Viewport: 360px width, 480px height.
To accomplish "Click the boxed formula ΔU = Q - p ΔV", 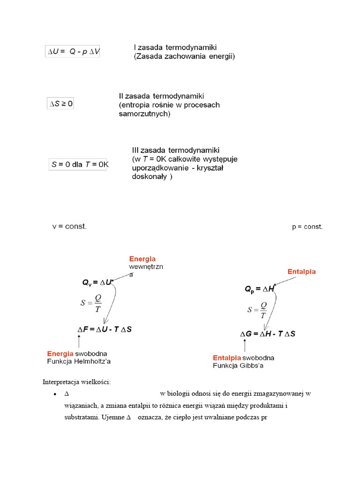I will pyautogui.click(x=73, y=52).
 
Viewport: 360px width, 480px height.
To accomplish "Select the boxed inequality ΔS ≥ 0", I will pyautogui.click(x=61, y=104).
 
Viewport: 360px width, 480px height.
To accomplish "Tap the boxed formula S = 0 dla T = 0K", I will pyautogui.click(x=79, y=165).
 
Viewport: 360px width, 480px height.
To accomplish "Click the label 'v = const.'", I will pyautogui.click(x=69, y=226).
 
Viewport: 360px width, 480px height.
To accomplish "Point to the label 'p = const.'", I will pyautogui.click(x=307, y=227).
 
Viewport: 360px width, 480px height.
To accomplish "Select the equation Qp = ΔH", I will pyautogui.click(x=259, y=290).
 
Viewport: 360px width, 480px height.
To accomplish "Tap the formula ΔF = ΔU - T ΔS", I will pyautogui.click(x=105, y=330).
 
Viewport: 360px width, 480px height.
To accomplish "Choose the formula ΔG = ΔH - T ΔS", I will pyautogui.click(x=268, y=334).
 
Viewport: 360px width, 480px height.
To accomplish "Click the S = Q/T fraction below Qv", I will pyautogui.click(x=92, y=303).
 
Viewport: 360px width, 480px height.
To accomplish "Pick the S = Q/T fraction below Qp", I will pyautogui.click(x=257, y=310).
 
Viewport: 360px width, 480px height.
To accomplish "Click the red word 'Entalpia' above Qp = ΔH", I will pyautogui.click(x=301, y=272).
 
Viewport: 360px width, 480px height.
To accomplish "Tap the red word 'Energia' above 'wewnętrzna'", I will pyautogui.click(x=142, y=259).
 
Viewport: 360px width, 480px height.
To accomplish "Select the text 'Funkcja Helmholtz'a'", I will pyautogui.click(x=79, y=361).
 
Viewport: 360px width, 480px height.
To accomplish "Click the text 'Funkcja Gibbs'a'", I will pyautogui.click(x=238, y=366).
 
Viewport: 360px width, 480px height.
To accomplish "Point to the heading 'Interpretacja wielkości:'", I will pyautogui.click(x=77, y=382).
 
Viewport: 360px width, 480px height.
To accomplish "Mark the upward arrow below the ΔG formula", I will pyautogui.click(x=244, y=346).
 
